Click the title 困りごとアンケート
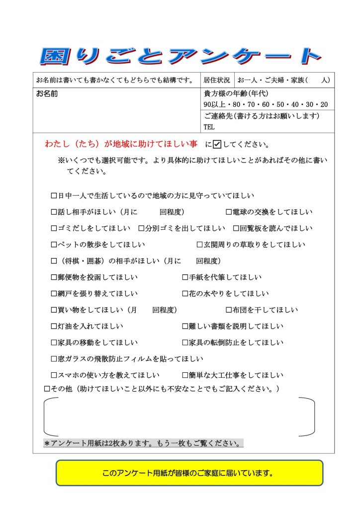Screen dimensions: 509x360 coord(180,56)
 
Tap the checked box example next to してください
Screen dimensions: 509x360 coord(217,145)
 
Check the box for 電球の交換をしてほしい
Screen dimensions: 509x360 coord(229,212)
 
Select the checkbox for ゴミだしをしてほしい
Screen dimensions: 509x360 coord(54,229)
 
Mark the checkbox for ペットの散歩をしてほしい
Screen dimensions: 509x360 coord(54,245)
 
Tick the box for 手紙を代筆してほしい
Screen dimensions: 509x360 coord(185,277)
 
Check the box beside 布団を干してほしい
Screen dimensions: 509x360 coord(229,310)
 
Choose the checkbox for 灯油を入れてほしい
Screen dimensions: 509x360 coord(54,327)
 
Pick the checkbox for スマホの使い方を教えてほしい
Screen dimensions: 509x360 coord(54,375)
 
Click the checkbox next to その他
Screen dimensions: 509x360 coord(47,388)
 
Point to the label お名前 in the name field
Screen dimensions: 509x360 coord(47,93)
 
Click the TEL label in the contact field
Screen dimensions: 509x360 coord(209,127)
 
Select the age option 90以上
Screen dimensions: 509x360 coord(214,104)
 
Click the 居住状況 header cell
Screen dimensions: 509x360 coord(217,80)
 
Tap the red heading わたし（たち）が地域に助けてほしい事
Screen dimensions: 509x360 coord(121,145)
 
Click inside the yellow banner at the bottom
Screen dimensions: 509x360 coord(189,473)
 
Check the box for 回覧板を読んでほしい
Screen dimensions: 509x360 coord(236,229)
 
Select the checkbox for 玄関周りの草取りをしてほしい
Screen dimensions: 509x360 coord(200,245)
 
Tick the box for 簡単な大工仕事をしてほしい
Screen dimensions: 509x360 coord(185,375)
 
